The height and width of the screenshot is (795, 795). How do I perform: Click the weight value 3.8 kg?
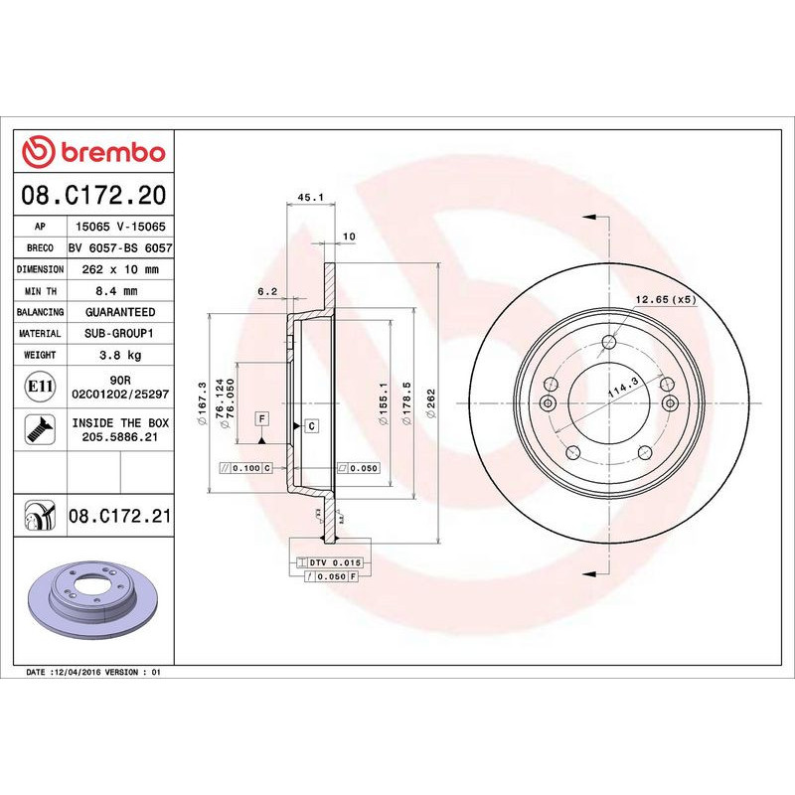coord(120,355)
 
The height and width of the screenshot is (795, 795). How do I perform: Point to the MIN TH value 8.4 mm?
coord(120,291)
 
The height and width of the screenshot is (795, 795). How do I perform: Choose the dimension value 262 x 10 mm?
coord(120,269)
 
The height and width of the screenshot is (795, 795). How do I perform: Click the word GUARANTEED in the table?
coord(120,312)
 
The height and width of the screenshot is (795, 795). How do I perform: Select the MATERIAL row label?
coord(41,334)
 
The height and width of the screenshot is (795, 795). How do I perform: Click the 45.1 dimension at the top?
coord(310,198)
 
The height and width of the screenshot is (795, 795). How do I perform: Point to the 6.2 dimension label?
coord(266,292)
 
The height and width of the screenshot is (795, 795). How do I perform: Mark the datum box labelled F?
coord(261,418)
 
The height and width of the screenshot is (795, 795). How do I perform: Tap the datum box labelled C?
coord(311,426)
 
